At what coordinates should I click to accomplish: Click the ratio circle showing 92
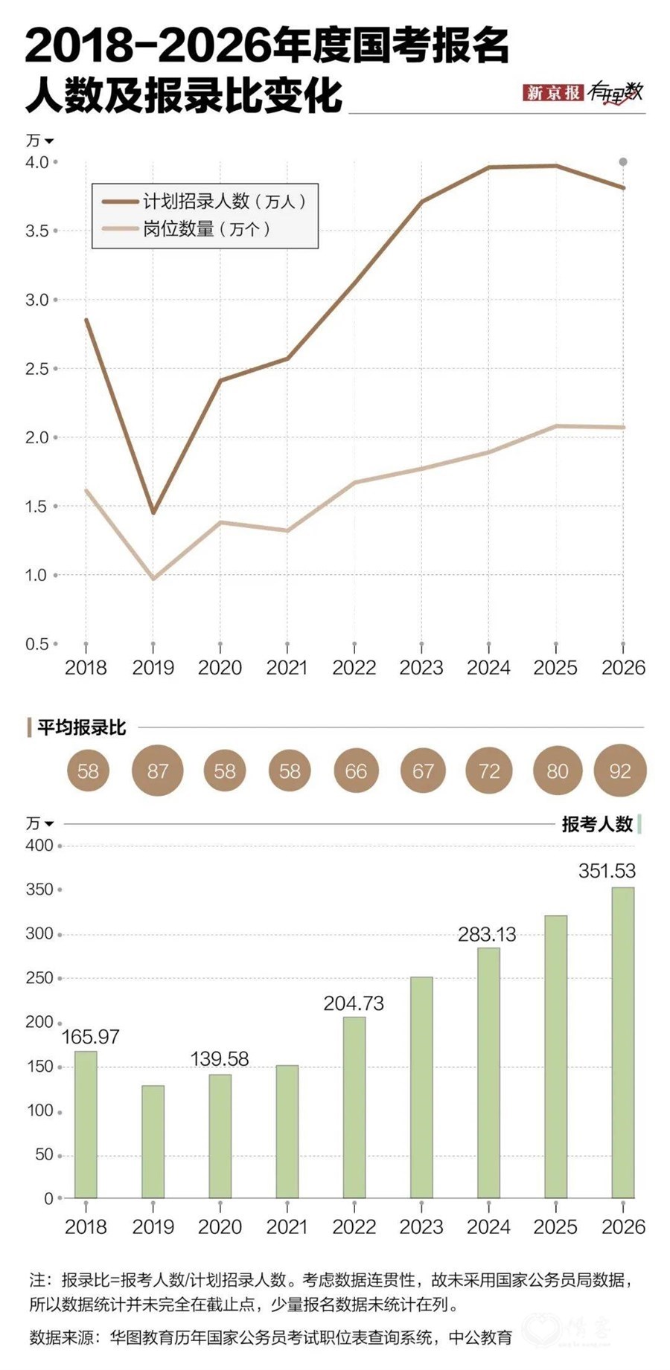[x=620, y=771]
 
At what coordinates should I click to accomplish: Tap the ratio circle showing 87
[x=157, y=771]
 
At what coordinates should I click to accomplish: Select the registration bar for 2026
[x=622, y=1041]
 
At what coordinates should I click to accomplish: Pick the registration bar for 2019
[x=153, y=1141]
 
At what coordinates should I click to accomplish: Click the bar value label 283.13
[x=487, y=934]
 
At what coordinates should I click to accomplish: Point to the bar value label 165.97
[x=90, y=1036]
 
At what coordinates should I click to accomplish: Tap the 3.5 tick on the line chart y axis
[x=37, y=231]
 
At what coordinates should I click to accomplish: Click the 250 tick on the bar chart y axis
[x=39, y=978]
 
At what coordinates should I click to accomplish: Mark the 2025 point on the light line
[x=556, y=426]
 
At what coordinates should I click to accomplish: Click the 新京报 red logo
[x=552, y=92]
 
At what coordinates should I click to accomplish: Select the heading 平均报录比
[x=82, y=727]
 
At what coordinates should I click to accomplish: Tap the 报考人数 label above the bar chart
[x=597, y=823]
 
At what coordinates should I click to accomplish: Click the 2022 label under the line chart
[x=354, y=668]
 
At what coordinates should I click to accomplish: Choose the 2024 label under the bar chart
[x=488, y=1226]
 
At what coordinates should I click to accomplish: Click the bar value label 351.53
[x=607, y=871]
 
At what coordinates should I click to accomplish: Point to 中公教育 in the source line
[x=481, y=1337]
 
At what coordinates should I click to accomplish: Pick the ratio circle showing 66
[x=356, y=771]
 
